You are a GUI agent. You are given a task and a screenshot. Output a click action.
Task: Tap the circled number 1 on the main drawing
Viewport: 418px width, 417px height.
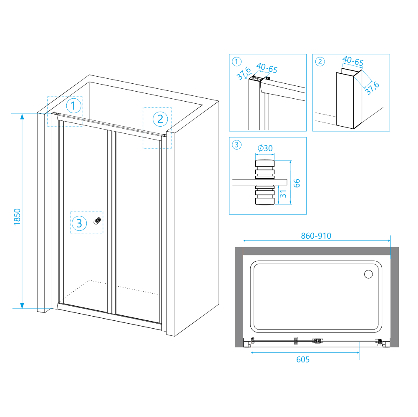coord(74,106)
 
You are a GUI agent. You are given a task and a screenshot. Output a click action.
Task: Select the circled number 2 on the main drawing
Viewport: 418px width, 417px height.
coord(160,119)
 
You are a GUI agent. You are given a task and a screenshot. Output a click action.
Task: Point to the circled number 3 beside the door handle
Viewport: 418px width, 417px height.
coord(79,223)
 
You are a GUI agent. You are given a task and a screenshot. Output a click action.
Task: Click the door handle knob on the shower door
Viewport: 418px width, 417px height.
coord(98,221)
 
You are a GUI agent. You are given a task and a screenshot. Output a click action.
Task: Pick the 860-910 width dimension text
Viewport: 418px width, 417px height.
coord(316,236)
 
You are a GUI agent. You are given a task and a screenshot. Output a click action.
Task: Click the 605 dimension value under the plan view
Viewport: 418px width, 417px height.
coord(303,359)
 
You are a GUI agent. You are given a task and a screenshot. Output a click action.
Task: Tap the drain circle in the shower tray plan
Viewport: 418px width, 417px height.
coord(368,274)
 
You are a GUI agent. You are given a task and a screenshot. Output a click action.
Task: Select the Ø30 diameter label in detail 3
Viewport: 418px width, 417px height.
coord(265,148)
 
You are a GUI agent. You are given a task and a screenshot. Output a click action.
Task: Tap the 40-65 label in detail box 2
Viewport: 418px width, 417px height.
coord(353,62)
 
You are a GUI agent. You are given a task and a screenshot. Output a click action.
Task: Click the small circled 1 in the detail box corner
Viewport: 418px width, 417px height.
coord(237,62)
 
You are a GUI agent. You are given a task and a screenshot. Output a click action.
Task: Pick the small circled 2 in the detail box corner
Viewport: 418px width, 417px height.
coord(320,62)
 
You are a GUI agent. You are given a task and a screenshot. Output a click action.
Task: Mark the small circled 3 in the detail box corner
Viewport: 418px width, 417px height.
coord(237,145)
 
